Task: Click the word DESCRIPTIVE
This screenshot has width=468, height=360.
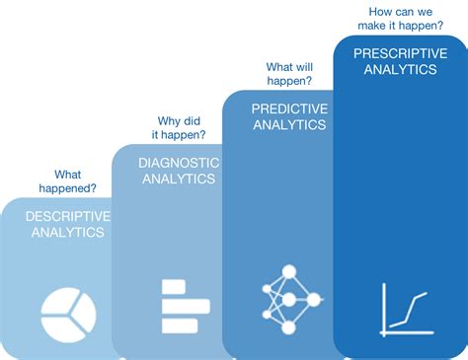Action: pyautogui.click(x=68, y=215)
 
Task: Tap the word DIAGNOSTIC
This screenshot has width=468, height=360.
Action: pyautogui.click(x=178, y=163)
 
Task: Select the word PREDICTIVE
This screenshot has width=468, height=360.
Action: pyautogui.click(x=288, y=108)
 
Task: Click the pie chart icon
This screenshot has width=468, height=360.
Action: pyautogui.click(x=68, y=308)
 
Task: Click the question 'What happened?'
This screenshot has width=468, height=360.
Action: pyautogui.click(x=68, y=180)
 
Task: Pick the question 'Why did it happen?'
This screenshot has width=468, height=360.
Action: pyautogui.click(x=179, y=127)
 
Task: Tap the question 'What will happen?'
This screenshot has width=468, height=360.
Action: pyautogui.click(x=290, y=74)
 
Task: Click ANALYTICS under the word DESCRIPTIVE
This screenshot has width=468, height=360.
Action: pyautogui.click(x=68, y=233)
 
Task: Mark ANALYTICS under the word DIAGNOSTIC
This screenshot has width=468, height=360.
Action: pyautogui.click(x=178, y=180)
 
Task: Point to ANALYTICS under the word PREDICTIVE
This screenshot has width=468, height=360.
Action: pyautogui.click(x=288, y=126)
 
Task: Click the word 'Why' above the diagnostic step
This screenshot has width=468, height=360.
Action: pyautogui.click(x=169, y=120)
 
